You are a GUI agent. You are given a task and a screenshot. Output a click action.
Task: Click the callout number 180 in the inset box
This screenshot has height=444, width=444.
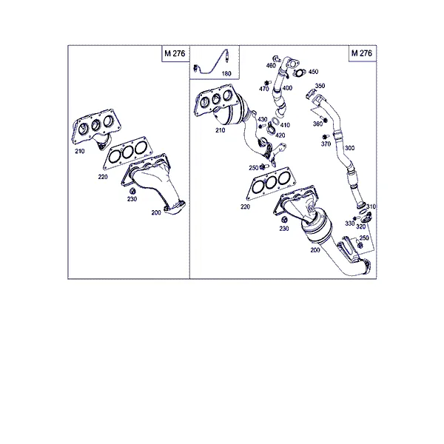(x=226, y=74)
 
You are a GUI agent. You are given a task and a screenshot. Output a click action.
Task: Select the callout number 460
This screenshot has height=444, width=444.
(x=271, y=66)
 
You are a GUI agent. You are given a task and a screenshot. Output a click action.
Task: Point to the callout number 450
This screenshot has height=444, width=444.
(x=313, y=72)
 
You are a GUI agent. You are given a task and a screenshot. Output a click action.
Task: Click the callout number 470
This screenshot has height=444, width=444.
(x=263, y=89)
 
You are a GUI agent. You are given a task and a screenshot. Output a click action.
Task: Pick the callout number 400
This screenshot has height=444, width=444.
(x=287, y=88)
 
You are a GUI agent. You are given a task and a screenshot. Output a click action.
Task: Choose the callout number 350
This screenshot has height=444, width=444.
(x=320, y=86)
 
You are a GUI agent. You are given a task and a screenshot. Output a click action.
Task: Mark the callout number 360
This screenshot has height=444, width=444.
(x=317, y=124)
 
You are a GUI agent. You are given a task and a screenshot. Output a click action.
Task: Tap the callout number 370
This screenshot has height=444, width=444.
(x=326, y=144)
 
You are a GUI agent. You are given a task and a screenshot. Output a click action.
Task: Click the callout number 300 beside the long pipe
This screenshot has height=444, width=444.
(x=349, y=148)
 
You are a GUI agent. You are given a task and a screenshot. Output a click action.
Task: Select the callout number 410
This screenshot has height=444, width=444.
(x=285, y=125)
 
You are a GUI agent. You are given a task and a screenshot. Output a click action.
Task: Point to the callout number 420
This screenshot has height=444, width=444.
(x=280, y=135)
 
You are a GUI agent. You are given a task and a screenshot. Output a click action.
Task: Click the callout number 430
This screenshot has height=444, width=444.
(x=263, y=119)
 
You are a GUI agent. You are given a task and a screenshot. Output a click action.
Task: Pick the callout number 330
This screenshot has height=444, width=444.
(x=349, y=223)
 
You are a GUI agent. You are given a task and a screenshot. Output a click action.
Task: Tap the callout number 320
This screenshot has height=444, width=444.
(x=361, y=227)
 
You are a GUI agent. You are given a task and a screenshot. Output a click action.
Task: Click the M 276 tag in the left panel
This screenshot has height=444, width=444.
(x=175, y=53)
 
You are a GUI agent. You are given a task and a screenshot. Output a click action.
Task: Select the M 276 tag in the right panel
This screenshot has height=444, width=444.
(x=362, y=53)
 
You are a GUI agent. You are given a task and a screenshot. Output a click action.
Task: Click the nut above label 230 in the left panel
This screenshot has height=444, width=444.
(x=132, y=191)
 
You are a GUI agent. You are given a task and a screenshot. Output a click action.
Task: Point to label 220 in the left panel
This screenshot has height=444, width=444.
(x=103, y=177)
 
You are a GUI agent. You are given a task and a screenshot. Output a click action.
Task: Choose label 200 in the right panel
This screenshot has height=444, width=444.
(x=315, y=250)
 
